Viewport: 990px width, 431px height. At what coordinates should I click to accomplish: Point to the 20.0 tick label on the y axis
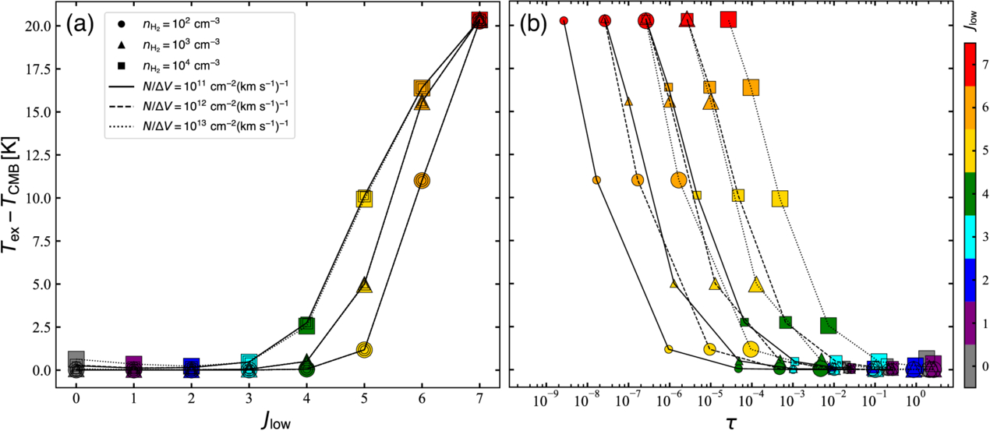coord(41,26)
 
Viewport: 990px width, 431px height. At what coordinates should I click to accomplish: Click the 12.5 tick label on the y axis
coord(41,155)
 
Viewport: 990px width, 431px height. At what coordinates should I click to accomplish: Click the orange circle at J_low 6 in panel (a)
coord(423,181)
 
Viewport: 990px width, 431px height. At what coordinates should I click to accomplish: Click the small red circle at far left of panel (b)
coord(564,21)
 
